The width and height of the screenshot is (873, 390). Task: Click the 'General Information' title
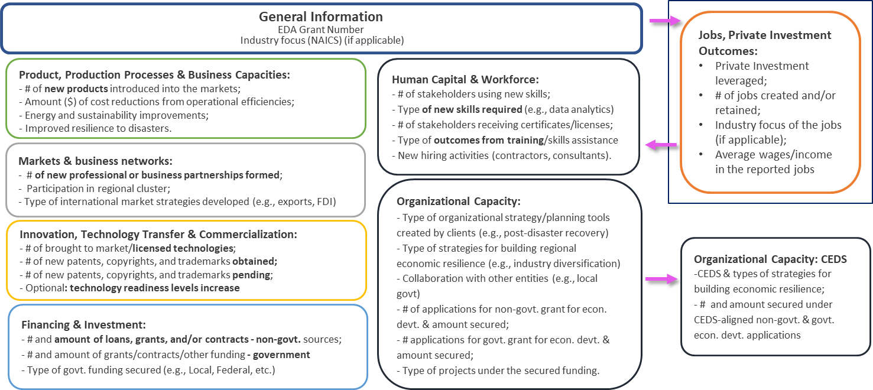[321, 17]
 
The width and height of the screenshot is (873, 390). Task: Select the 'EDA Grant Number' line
[321, 30]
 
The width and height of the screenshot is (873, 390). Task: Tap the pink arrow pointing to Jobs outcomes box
[664, 21]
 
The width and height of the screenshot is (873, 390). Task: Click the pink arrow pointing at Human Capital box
[661, 145]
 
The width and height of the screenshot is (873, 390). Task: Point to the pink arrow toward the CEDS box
[662, 279]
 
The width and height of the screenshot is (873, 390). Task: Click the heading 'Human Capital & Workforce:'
[465, 80]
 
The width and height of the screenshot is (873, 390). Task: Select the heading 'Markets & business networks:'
[96, 161]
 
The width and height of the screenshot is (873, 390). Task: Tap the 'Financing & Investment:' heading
[83, 324]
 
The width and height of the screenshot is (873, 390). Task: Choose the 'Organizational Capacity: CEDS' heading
[770, 259]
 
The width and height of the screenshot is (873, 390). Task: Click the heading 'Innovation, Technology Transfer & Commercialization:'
[158, 234]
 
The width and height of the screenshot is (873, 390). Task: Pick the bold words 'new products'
[76, 89]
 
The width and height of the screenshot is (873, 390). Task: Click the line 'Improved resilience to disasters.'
[98, 129]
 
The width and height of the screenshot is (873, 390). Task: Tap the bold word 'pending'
[251, 275]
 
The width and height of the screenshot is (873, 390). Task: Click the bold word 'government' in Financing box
[281, 355]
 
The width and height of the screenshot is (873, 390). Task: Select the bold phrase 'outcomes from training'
[489, 140]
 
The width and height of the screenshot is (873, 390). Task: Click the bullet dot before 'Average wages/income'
[701, 155]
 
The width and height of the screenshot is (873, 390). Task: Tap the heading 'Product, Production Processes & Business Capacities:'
[154, 75]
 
